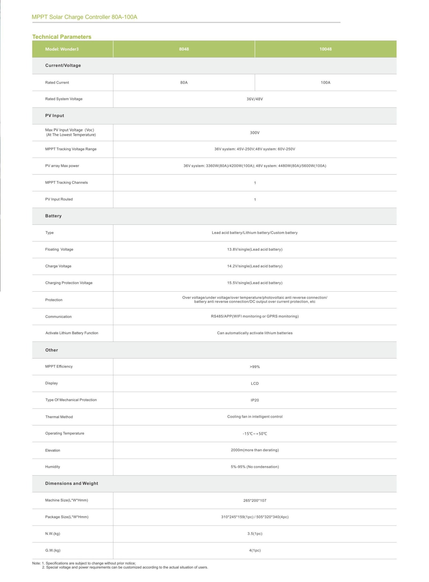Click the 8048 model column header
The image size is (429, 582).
184,49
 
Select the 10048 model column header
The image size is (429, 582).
325,49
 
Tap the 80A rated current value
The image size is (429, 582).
184,83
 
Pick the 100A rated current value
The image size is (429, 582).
325,83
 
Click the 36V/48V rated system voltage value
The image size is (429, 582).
254,99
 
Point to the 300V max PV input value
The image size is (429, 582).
254,133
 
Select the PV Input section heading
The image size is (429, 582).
55,116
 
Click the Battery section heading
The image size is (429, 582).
53,216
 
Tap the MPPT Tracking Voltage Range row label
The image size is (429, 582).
71,149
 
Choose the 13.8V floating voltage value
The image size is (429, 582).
254,250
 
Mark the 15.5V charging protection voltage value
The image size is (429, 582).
254,283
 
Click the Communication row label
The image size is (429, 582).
58,317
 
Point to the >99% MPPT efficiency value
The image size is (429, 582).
254,367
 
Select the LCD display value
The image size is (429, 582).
254,383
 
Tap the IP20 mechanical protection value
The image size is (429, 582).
254,400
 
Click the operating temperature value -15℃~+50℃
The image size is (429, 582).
254,434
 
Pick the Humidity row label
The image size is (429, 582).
53,467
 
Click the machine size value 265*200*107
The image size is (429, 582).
254,500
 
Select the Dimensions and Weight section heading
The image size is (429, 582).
72,484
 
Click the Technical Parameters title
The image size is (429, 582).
62,37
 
